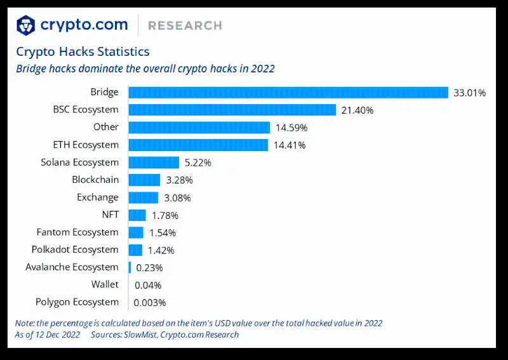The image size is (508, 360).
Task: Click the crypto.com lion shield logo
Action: pos(26,25)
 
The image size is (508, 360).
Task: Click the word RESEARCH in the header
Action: pos(185,26)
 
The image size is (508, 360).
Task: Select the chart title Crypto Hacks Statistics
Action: pos(83,51)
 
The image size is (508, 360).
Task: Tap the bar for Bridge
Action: pos(288,93)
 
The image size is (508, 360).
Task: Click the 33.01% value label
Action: pos(469,93)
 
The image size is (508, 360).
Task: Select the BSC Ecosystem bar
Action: pos(232,110)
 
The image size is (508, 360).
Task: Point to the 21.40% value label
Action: pos(357,110)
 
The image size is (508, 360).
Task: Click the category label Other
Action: pos(105,128)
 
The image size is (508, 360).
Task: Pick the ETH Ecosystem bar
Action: pos(198,145)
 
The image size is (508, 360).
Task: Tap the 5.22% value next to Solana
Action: pos(198,163)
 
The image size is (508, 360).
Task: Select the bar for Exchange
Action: pos(143,197)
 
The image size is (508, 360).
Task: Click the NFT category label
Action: pos(110,215)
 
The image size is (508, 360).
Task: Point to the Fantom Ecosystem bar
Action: pos(136,232)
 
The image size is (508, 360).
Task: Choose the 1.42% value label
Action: pos(161,250)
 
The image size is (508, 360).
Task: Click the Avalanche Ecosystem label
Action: pos(72,267)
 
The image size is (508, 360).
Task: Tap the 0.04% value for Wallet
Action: pos(148,285)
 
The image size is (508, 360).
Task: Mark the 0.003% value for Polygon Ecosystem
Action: pos(150,302)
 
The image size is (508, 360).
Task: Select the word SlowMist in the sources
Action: pos(137,335)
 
